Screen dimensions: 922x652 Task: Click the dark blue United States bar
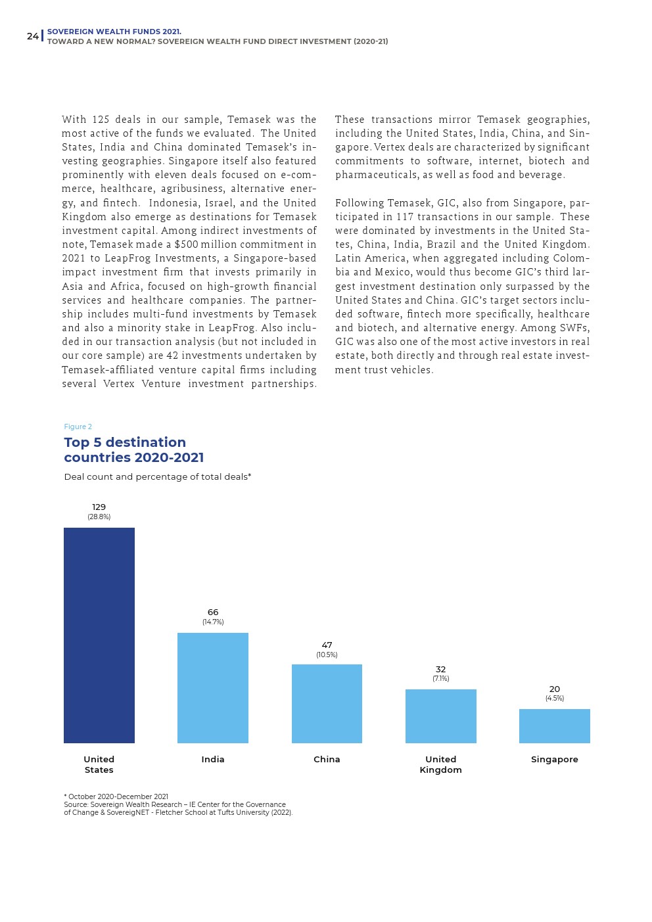[x=99, y=635]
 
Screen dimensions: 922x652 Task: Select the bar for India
[x=212, y=687]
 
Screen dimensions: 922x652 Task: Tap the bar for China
[x=327, y=703]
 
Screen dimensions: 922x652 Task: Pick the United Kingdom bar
[x=440, y=716]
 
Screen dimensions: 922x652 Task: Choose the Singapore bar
[x=554, y=726]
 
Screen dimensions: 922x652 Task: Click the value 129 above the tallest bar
[x=99, y=507]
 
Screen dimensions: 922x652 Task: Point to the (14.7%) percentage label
[x=213, y=622]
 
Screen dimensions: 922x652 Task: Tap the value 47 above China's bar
[x=327, y=645]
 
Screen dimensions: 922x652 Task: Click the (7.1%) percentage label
[x=440, y=678]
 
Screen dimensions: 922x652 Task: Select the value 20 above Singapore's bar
[x=554, y=689]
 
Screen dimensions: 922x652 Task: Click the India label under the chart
[x=212, y=759]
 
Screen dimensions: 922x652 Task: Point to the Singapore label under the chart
[x=554, y=759]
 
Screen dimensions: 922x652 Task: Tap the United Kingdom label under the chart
[x=440, y=764]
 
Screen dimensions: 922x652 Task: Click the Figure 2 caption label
[x=78, y=426]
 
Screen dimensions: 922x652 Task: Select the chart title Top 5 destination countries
[x=133, y=449]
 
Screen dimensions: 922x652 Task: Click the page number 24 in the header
[x=32, y=36]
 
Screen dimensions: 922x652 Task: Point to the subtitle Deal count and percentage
[x=157, y=476]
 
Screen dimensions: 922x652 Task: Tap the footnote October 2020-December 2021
[x=116, y=796]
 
